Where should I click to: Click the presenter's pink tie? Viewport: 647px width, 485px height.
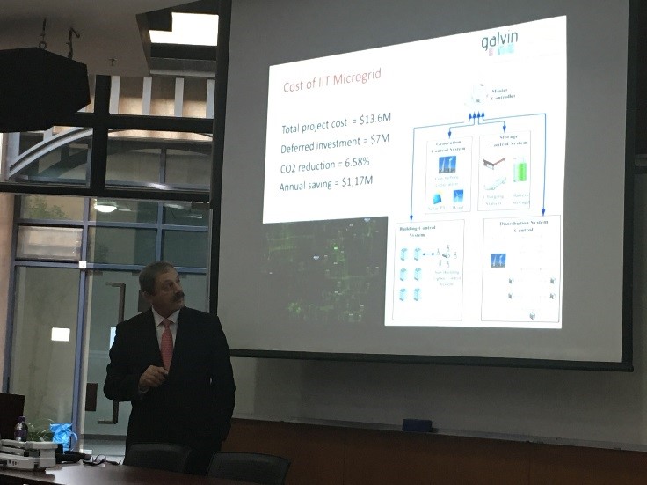click(x=167, y=343)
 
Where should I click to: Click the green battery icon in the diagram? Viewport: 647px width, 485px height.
click(x=520, y=169)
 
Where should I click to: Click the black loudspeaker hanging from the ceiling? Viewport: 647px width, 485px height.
click(x=42, y=87)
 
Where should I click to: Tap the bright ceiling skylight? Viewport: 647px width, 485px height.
click(x=184, y=28)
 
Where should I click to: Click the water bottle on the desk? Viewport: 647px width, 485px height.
click(x=21, y=429)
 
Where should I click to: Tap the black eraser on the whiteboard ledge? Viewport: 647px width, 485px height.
click(x=417, y=425)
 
